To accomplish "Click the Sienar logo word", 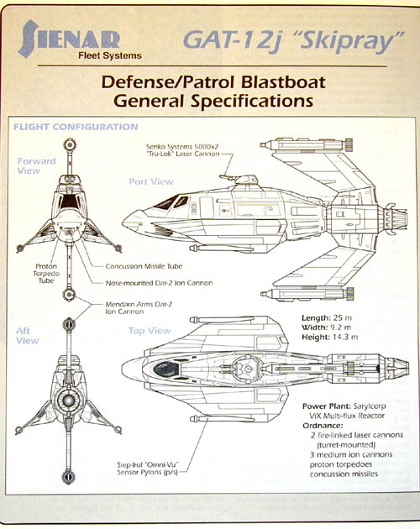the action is pyautogui.click(x=69, y=38).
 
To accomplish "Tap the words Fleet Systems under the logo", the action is pyautogui.click(x=110, y=55).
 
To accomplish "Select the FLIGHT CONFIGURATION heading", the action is pyautogui.click(x=76, y=127).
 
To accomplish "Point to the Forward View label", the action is pyautogui.click(x=36, y=165).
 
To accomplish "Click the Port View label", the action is pyautogui.click(x=151, y=181).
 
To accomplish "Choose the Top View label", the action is pyautogui.click(x=150, y=331).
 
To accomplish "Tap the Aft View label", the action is pyautogui.click(x=28, y=336).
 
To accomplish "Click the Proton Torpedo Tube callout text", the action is pyautogui.click(x=46, y=273).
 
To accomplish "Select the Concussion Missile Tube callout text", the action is pyautogui.click(x=144, y=266).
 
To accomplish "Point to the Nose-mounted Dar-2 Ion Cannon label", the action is pyautogui.click(x=159, y=283).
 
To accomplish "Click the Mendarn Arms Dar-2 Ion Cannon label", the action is pyautogui.click(x=139, y=307).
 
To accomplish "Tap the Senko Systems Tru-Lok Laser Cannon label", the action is pyautogui.click(x=182, y=150).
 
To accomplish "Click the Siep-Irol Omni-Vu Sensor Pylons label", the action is pyautogui.click(x=147, y=469).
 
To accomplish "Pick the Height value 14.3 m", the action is pyautogui.click(x=345, y=337).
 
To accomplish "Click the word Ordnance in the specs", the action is pyautogui.click(x=323, y=426).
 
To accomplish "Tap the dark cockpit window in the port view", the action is pyautogui.click(x=167, y=202).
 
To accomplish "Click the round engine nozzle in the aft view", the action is pyautogui.click(x=69, y=401).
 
